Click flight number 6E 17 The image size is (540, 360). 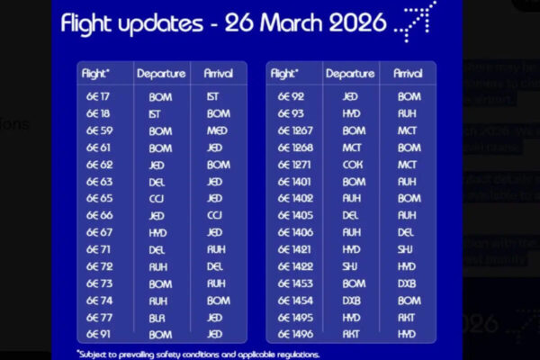pos(99,96)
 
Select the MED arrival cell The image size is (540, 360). pos(218,130)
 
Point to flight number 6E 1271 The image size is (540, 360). pos(296,165)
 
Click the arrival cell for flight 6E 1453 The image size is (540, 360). pos(409,283)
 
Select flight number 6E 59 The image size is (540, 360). pos(99,130)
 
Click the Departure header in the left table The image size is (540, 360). pos(161,74)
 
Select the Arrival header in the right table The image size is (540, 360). pos(409,74)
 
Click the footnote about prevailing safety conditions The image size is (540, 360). pos(198,354)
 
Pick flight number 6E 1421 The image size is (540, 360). pos(296,249)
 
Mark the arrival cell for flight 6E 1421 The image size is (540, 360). pos(409,249)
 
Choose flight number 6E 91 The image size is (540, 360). pos(99,334)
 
